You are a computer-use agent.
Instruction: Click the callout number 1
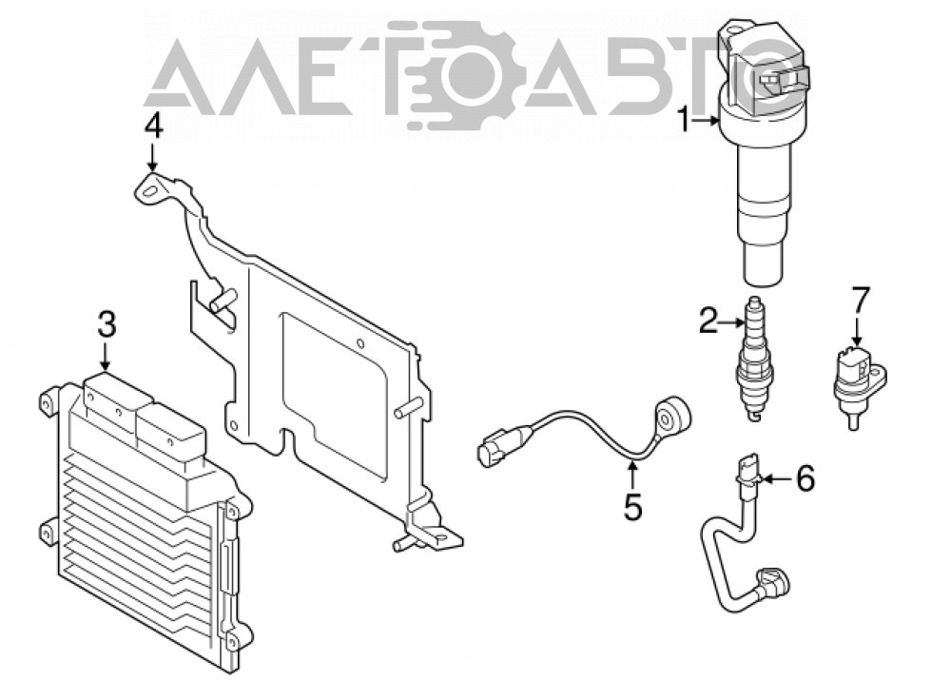[684, 120]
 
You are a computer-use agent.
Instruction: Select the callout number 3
[107, 325]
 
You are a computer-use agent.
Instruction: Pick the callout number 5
[632, 507]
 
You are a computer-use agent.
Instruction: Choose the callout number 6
[805, 478]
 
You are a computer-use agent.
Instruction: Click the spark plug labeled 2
[754, 359]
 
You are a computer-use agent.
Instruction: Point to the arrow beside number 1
[707, 121]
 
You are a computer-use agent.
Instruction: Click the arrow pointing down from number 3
[107, 357]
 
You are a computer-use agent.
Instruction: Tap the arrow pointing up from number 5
[632, 476]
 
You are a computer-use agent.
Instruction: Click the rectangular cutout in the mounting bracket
[335, 395]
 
